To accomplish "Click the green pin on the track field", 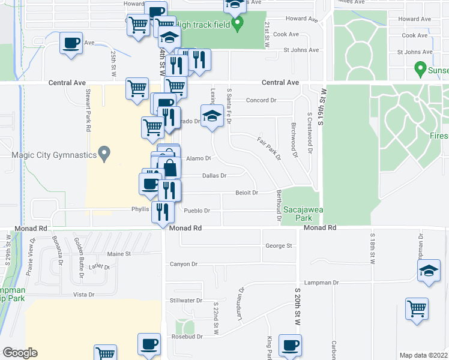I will [x=238, y=25].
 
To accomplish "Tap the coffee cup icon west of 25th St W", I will [x=71, y=44].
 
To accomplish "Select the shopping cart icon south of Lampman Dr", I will [x=417, y=309].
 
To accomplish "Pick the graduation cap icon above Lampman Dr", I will [x=429, y=271].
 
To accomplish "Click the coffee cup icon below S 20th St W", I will [x=290, y=346].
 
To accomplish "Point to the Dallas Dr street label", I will [x=214, y=176].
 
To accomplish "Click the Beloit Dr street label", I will [x=247, y=193].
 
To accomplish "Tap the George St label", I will [x=279, y=245].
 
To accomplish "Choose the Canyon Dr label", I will [x=184, y=264].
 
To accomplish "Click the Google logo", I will [x=20, y=353].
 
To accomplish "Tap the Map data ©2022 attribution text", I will [x=423, y=355].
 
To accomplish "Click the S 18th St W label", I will [x=372, y=249].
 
